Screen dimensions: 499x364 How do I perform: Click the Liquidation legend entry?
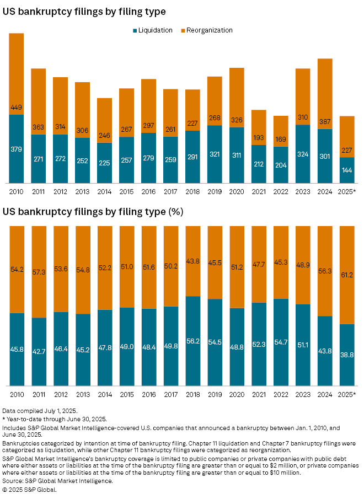[153, 30]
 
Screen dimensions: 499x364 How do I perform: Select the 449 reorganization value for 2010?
[16, 108]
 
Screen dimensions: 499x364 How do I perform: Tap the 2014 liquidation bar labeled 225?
[104, 163]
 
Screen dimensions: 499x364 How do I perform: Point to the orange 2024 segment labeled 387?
[325, 94]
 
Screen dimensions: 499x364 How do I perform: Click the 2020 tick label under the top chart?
[237, 191]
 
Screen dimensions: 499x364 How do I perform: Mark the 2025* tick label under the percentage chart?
[347, 394]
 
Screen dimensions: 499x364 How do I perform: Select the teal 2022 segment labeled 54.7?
[281, 342]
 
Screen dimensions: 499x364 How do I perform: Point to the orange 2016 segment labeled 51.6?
[148, 267]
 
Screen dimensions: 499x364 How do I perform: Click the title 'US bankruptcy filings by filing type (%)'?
[93, 212]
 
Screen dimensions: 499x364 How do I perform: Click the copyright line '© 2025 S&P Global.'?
[30, 489]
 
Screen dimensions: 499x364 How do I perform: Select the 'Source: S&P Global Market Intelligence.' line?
[58, 481]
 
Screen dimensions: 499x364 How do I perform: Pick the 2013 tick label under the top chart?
[82, 191]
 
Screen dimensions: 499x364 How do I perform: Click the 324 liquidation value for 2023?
[303, 154]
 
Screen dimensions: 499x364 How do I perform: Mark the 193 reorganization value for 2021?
[259, 136]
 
